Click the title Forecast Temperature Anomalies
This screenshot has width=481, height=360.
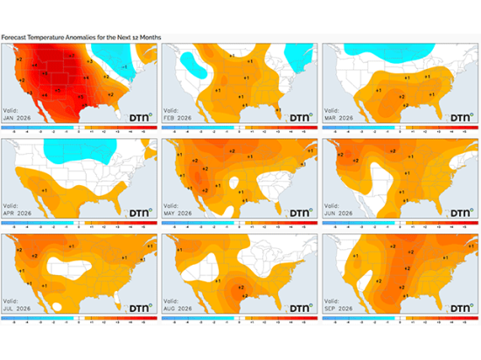pos(80,38)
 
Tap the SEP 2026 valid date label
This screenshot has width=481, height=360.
pos(342,308)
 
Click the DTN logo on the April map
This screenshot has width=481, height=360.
pos(141,211)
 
